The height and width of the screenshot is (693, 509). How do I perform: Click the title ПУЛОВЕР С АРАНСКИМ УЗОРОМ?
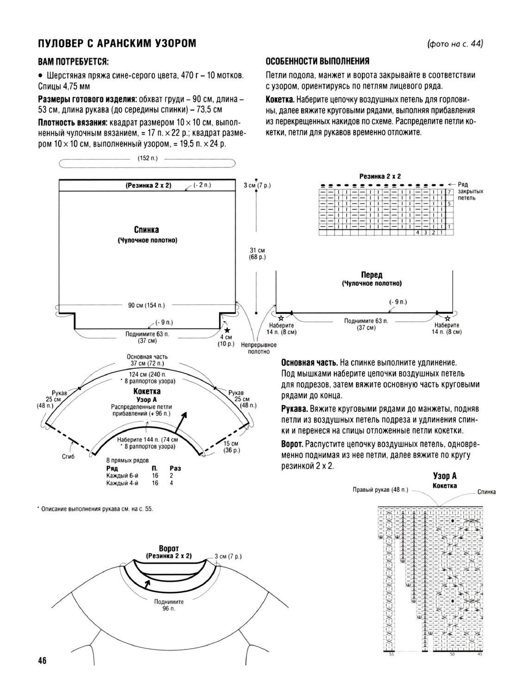[x=117, y=43]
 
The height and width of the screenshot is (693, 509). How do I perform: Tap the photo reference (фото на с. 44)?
[x=455, y=44]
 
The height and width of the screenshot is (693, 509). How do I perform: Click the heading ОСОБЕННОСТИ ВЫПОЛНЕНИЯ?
[x=317, y=62]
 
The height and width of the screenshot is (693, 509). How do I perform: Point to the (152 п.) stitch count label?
[x=148, y=158]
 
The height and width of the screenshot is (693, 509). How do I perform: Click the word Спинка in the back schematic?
[x=147, y=229]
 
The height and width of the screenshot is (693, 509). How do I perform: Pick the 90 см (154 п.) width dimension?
[x=146, y=305]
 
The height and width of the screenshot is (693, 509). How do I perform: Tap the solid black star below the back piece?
[x=227, y=330]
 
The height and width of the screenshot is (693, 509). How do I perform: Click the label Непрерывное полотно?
[x=259, y=348]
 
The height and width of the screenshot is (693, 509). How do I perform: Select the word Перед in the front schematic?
[x=372, y=275]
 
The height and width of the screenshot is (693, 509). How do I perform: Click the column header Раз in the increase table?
[x=175, y=468]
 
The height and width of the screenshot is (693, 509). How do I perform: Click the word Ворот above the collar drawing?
[x=168, y=549]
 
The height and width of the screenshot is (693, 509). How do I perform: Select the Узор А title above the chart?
[x=445, y=476]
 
